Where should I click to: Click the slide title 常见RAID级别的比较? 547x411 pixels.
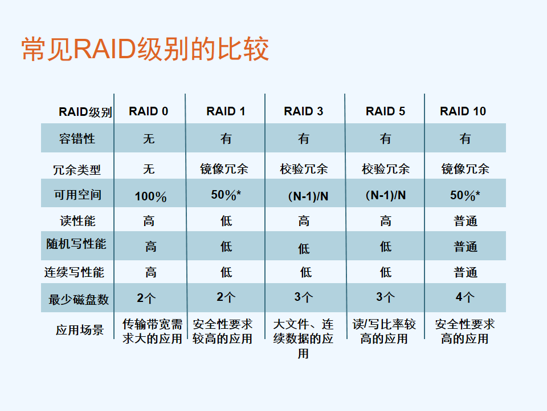tap(145, 49)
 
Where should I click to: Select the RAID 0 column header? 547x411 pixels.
tap(149, 111)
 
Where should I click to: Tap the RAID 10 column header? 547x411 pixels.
tap(463, 111)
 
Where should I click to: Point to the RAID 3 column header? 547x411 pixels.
tap(304, 111)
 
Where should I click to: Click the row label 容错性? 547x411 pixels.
tap(77, 138)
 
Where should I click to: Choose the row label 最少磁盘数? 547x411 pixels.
tap(79, 300)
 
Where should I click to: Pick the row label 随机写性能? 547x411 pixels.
tap(76, 244)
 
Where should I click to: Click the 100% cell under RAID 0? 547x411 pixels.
tap(150, 196)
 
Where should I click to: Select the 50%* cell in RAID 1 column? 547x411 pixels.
tap(226, 195)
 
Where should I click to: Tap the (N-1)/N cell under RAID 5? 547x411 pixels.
tap(386, 195)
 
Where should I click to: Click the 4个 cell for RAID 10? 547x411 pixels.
tap(465, 297)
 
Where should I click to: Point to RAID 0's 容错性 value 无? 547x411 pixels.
tap(149, 139)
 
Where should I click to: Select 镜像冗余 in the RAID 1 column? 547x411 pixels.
tap(224, 169)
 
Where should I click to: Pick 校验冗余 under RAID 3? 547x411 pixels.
tap(304, 169)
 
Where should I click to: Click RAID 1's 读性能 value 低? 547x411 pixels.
tap(226, 221)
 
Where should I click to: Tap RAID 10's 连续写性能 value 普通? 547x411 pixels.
tap(466, 272)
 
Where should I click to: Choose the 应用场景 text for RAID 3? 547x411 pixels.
tap(303, 339)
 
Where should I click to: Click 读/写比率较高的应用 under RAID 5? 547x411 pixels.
tap(384, 331)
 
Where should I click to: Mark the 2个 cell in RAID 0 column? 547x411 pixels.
tap(146, 298)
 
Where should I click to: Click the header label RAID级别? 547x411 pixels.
tap(85, 112)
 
